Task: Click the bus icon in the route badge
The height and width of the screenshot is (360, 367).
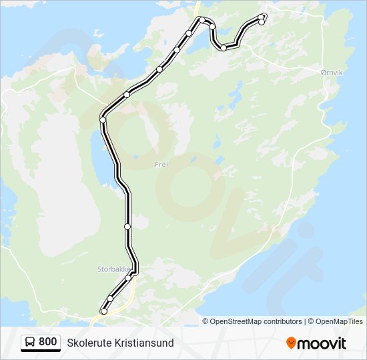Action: coord(31,342)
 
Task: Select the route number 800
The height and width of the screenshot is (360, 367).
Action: coord(47,342)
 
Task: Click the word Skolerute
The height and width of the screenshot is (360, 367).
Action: coord(90,343)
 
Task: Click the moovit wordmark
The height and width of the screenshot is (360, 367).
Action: coord(322,343)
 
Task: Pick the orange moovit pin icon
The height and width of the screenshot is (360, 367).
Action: coord(292,343)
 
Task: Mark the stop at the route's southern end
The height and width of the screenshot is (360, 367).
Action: coord(103,311)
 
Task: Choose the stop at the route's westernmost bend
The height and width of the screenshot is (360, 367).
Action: coord(103,119)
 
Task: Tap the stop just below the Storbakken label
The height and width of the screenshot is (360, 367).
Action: coord(129,277)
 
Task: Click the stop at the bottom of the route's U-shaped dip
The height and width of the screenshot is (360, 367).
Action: coord(224,48)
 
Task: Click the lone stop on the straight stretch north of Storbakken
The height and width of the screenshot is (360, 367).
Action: coord(127,227)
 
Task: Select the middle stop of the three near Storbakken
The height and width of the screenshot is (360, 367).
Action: coord(111,299)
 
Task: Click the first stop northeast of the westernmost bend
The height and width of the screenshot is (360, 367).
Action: coord(127,94)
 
